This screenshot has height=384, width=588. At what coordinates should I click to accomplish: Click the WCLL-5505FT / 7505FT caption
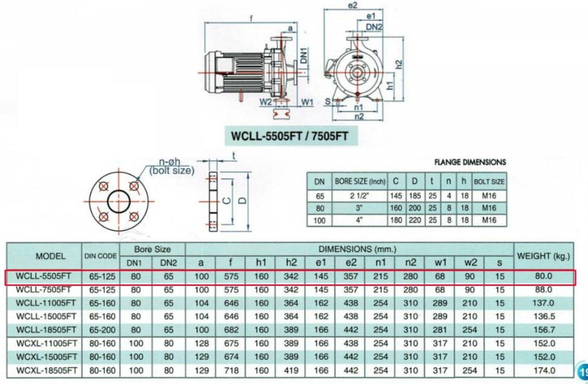pos(289,136)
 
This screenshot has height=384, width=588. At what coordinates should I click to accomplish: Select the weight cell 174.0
pos(544,370)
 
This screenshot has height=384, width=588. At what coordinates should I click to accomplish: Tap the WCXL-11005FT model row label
pos(46,344)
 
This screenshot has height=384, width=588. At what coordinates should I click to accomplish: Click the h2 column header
pos(291,263)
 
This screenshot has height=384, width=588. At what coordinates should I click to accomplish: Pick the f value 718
pos(231,370)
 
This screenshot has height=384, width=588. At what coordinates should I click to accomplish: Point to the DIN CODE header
pos(101,256)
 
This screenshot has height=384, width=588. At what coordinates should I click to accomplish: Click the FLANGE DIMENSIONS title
pos(470,162)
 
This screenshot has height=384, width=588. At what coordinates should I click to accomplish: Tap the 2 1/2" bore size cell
pos(359,196)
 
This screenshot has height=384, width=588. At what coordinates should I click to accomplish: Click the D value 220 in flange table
pos(415,220)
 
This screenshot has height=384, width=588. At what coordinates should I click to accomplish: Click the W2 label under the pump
pos(265,102)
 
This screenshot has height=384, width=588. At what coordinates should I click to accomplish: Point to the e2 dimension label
pos(353,5)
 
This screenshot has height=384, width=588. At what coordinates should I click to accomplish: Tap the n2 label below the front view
pos(359,117)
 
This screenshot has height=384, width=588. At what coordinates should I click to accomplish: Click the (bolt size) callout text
pos(172,170)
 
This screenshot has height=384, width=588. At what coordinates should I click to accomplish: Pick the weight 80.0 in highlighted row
pos(543,276)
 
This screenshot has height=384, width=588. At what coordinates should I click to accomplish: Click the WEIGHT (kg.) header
pos(543,256)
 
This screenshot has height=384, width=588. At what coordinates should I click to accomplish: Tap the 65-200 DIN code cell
pos(102,330)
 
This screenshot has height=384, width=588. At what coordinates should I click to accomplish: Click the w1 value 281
pos(440,330)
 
